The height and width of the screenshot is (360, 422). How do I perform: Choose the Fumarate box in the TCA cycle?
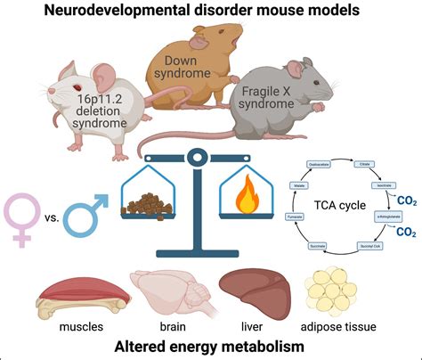[x=303, y=217]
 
